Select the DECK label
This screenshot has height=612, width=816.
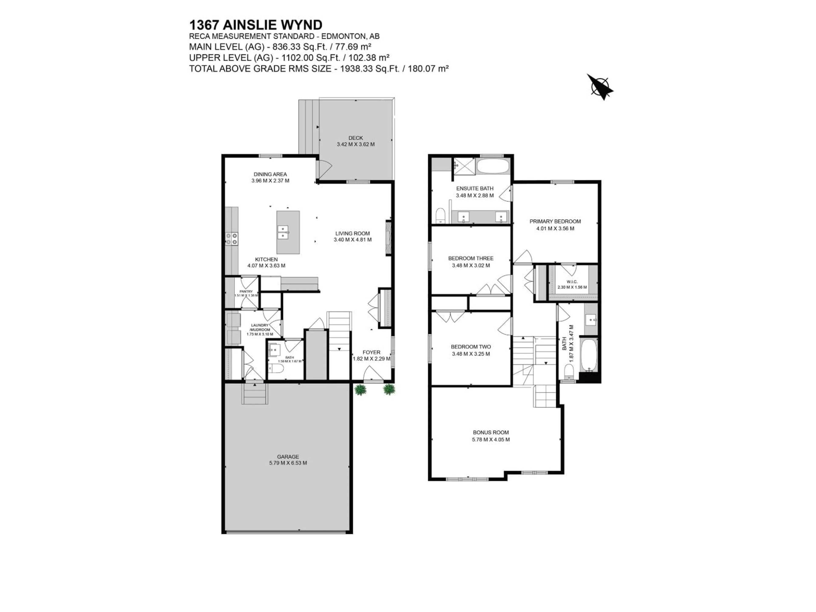coord(356,138)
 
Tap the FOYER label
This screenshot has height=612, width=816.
coord(371,352)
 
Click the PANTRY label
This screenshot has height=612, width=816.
coord(246,291)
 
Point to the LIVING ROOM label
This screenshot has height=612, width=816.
coord(352,233)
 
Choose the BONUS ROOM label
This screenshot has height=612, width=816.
coord(491,432)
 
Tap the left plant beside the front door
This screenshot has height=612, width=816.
coord(359,390)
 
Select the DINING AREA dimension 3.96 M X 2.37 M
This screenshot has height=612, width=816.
coord(270,181)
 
